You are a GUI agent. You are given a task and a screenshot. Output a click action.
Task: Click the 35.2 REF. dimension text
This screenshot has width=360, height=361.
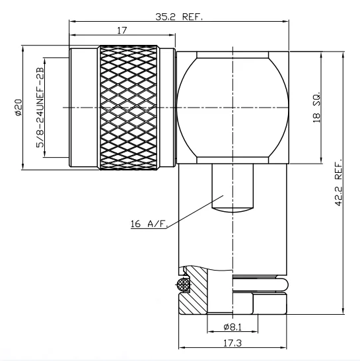pyautogui.click(x=178, y=18)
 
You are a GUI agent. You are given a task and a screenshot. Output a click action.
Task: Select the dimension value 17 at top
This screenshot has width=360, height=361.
pyautogui.click(x=122, y=30)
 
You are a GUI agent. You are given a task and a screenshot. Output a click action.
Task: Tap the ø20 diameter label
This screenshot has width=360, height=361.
pyautogui.click(x=18, y=108)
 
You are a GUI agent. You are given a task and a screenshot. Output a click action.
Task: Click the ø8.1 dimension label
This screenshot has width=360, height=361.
pyautogui.click(x=234, y=326)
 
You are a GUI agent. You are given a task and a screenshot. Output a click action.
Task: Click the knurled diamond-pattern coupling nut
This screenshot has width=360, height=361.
pyautogui.click(x=129, y=107)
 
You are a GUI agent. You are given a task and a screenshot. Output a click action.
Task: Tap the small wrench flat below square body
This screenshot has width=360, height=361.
pyautogui.click(x=233, y=188)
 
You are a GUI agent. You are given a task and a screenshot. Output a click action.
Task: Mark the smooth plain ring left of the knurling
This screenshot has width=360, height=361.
pyautogui.click(x=85, y=107)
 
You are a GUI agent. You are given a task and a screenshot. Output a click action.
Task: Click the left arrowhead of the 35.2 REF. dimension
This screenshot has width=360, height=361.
pyautogui.click(x=72, y=21)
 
